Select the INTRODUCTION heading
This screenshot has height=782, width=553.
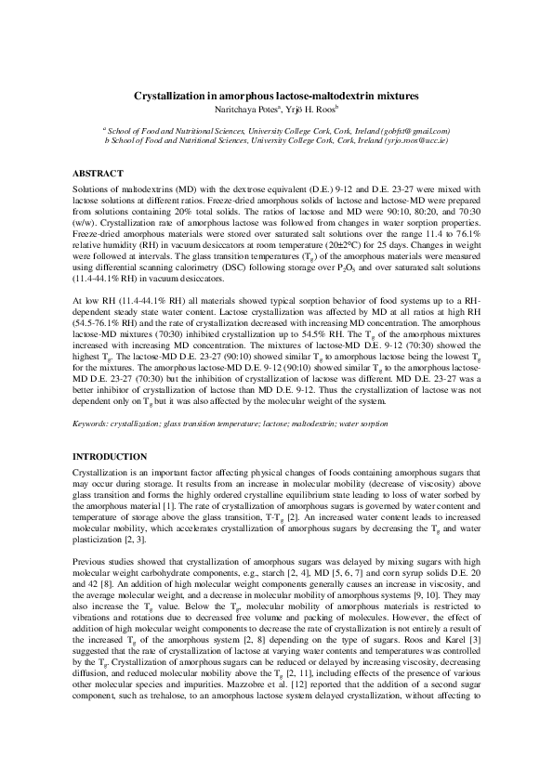coord(110,456)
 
